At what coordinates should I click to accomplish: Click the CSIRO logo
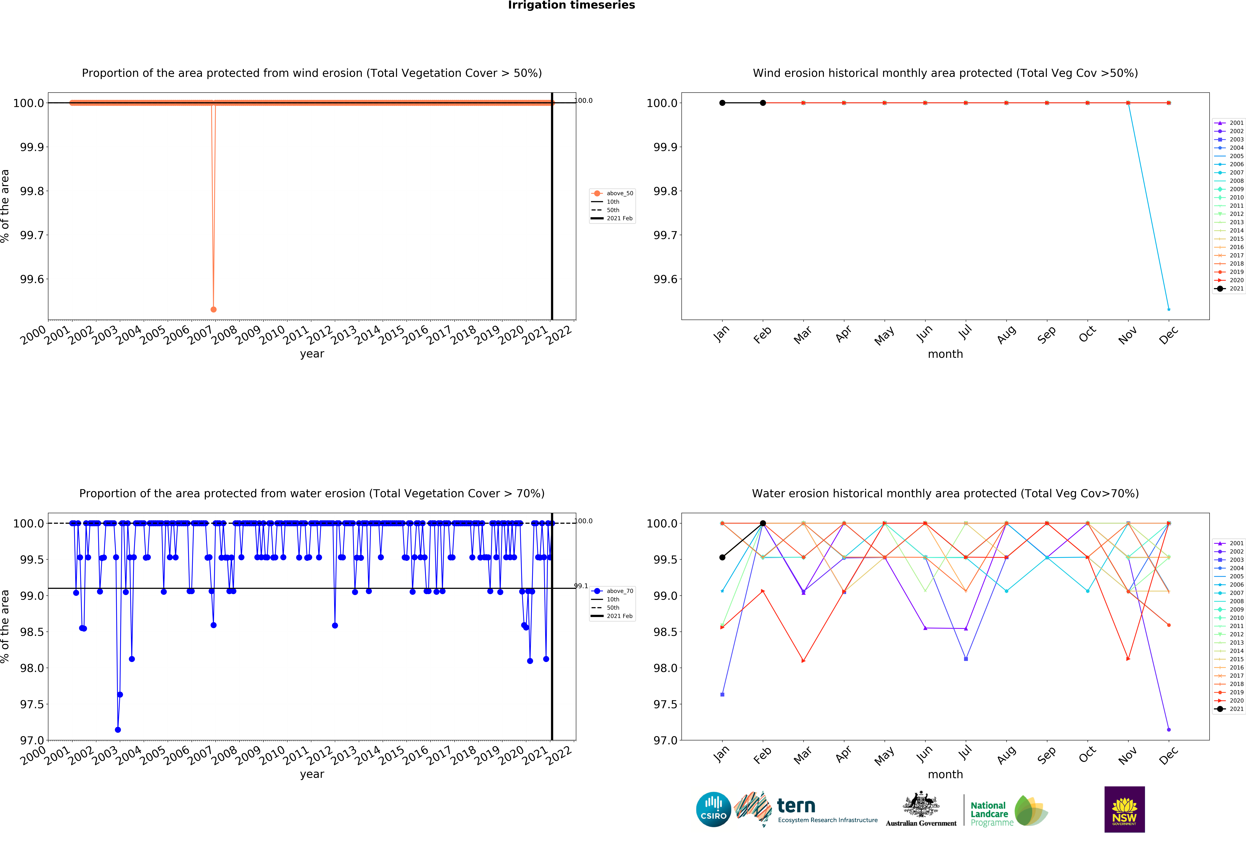(x=713, y=809)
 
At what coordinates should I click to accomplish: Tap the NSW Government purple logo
(x=1124, y=809)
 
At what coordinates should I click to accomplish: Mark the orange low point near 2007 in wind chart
(x=213, y=309)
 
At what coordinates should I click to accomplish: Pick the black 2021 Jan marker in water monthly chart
(x=722, y=557)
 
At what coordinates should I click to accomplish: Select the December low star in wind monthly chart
(x=1169, y=309)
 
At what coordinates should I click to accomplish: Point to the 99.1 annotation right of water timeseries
(x=581, y=586)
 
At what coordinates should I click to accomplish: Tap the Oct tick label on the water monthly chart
(x=1087, y=755)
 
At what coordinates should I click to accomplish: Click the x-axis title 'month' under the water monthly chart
(x=945, y=775)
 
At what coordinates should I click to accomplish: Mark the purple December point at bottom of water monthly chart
(x=1169, y=729)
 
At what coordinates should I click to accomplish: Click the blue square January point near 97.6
(x=722, y=695)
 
